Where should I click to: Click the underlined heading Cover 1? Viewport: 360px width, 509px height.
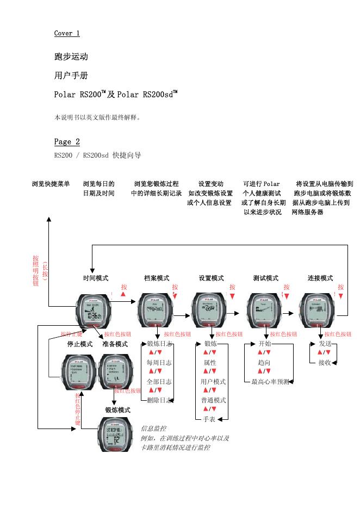(67, 33)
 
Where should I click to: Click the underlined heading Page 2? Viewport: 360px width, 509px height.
(67, 142)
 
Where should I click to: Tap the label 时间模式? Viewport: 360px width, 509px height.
(96, 278)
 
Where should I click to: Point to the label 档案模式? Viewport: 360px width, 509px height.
(157, 278)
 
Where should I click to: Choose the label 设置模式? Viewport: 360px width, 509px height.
(211, 278)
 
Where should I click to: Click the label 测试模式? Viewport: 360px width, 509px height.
(265, 278)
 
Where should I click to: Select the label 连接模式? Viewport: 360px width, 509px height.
(320, 278)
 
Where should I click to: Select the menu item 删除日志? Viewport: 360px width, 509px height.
(159, 400)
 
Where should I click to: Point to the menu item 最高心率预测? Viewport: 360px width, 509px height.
(270, 382)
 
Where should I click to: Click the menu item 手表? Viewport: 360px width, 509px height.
(209, 419)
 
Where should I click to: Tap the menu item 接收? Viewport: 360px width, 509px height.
(325, 363)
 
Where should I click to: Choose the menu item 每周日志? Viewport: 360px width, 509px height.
(159, 363)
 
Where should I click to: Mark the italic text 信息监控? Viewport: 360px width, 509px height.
(154, 429)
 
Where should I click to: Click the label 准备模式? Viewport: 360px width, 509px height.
(115, 344)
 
